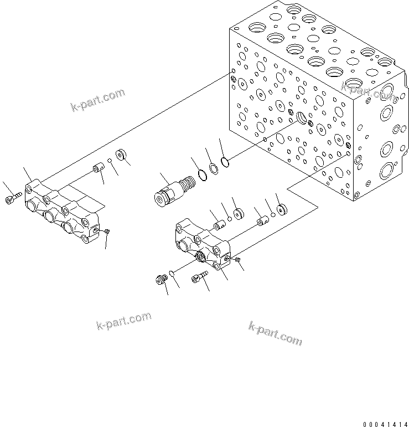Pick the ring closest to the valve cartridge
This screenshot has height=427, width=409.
point(203,176)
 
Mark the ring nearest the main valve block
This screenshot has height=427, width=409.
point(224,162)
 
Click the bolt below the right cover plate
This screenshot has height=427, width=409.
point(198,278)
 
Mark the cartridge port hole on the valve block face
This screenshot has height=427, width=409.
point(302,117)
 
